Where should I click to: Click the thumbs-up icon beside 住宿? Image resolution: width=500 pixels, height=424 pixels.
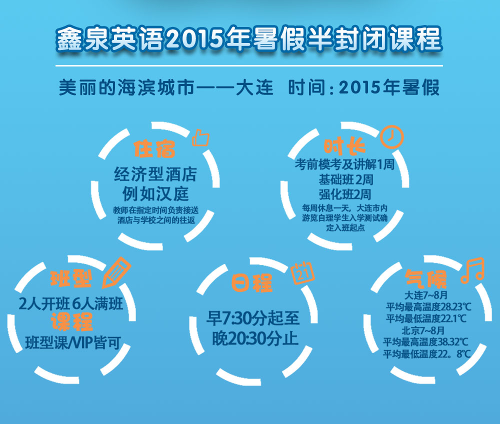200,138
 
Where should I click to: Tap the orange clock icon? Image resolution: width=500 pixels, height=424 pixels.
391,137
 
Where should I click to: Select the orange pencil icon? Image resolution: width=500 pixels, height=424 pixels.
116,272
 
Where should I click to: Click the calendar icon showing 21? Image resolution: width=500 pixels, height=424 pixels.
302,273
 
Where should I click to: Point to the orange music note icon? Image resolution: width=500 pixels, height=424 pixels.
472,270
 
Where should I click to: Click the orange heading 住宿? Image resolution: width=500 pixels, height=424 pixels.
154,148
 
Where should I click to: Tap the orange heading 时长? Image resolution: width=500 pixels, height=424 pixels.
344,146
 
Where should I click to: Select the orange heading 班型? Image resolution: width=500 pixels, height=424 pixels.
71,278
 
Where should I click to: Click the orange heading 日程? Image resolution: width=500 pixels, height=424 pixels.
252,282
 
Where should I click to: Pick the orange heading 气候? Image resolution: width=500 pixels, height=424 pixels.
426,279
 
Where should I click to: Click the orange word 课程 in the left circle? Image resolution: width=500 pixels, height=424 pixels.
71,321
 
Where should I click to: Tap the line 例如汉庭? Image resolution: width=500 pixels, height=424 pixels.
155,194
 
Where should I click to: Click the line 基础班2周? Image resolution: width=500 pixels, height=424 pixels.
346,180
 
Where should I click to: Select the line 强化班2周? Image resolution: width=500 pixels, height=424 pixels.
345,194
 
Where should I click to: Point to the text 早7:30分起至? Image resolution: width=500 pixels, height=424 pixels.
253,318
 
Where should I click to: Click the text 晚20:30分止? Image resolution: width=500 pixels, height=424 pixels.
255,338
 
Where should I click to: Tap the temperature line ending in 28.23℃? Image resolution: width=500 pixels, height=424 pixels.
428,307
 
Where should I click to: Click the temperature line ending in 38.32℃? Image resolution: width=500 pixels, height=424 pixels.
425,342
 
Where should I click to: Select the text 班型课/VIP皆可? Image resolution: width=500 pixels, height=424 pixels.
73,343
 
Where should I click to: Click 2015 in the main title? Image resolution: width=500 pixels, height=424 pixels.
194,38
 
